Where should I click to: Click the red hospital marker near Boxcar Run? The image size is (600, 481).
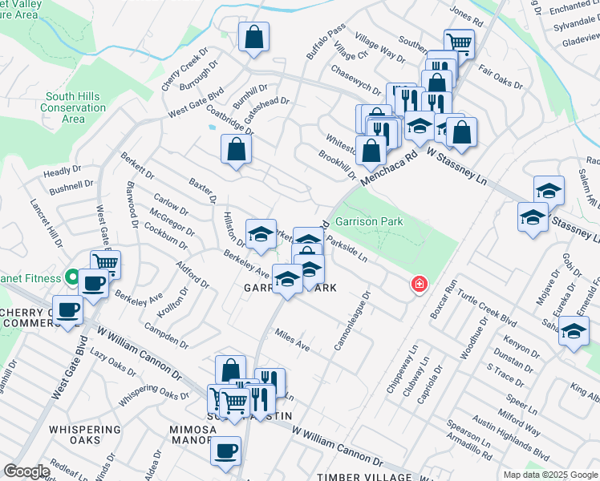(418, 284)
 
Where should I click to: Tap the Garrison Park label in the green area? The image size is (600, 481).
(368, 220)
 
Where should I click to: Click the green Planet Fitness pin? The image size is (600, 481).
(72, 278)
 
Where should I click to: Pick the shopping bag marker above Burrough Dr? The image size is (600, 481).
(253, 37)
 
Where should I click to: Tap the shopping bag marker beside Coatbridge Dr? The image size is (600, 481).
(237, 148)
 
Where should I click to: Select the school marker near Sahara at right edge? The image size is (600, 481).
(574, 331)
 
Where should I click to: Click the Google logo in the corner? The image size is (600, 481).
(26, 471)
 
